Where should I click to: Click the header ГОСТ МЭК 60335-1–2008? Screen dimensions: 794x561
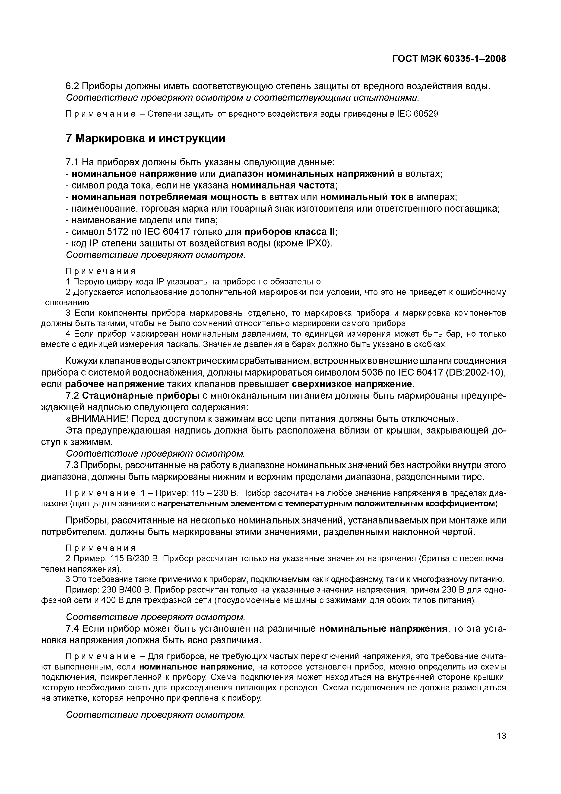click(449, 59)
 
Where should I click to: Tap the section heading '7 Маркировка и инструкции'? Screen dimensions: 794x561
click(145, 138)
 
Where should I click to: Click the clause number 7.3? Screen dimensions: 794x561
click(72, 465)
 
